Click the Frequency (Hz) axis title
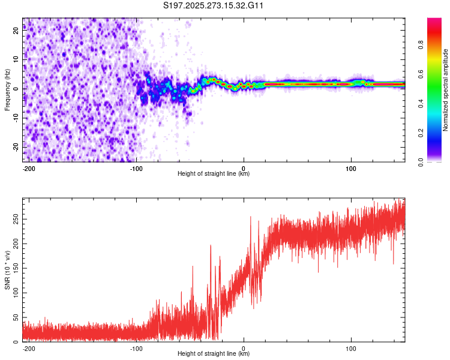pos(7,89)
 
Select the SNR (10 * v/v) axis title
pos(7,269)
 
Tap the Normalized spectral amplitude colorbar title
pos(446,90)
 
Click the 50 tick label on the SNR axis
pos(16,317)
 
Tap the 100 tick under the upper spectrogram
pos(351,168)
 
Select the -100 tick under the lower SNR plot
pos(136,348)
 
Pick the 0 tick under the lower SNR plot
pos(244,348)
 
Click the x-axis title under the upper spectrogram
pos(214,174)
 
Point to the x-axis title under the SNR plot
pos(214,354)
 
